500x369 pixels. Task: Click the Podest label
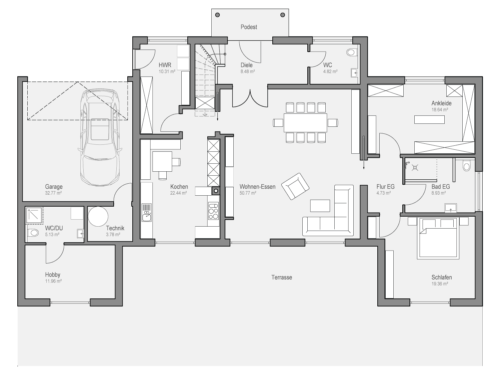tap(249, 27)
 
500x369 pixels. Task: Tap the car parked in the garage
tap(100, 137)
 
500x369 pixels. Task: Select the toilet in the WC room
tap(351, 53)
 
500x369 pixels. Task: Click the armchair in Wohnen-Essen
tap(295, 186)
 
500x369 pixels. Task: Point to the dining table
tap(305, 123)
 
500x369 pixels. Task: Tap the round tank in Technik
tap(98, 216)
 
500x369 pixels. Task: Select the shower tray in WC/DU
tap(34, 216)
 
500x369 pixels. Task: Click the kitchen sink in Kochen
tap(147, 213)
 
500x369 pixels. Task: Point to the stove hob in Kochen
tap(213, 211)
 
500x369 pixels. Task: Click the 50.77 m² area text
tap(248, 193)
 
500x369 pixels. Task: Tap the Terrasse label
tap(282, 277)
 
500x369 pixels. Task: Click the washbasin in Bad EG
tap(451, 208)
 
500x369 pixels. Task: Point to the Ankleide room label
tap(441, 103)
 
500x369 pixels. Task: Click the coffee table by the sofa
tap(320, 205)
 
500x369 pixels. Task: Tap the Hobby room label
tap(53, 275)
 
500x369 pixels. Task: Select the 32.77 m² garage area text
tap(53, 193)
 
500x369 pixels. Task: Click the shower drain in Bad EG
tap(415, 168)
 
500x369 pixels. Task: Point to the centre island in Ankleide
tap(429, 119)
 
